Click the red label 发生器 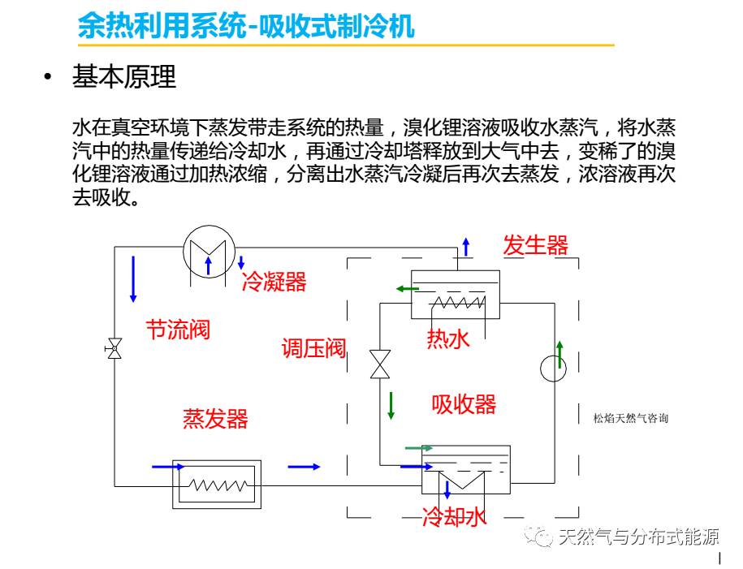tap(535, 245)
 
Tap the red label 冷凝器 tap(274, 282)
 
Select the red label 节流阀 tap(178, 330)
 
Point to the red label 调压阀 tap(313, 349)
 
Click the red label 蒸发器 tap(215, 419)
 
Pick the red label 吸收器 tap(464, 403)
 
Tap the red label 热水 tap(448, 339)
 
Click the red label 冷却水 tap(454, 517)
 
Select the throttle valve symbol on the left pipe tap(114, 350)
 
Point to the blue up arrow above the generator tap(465, 246)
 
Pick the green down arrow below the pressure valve tap(391, 404)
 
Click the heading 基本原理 tap(124, 78)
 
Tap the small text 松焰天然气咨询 tap(631, 419)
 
